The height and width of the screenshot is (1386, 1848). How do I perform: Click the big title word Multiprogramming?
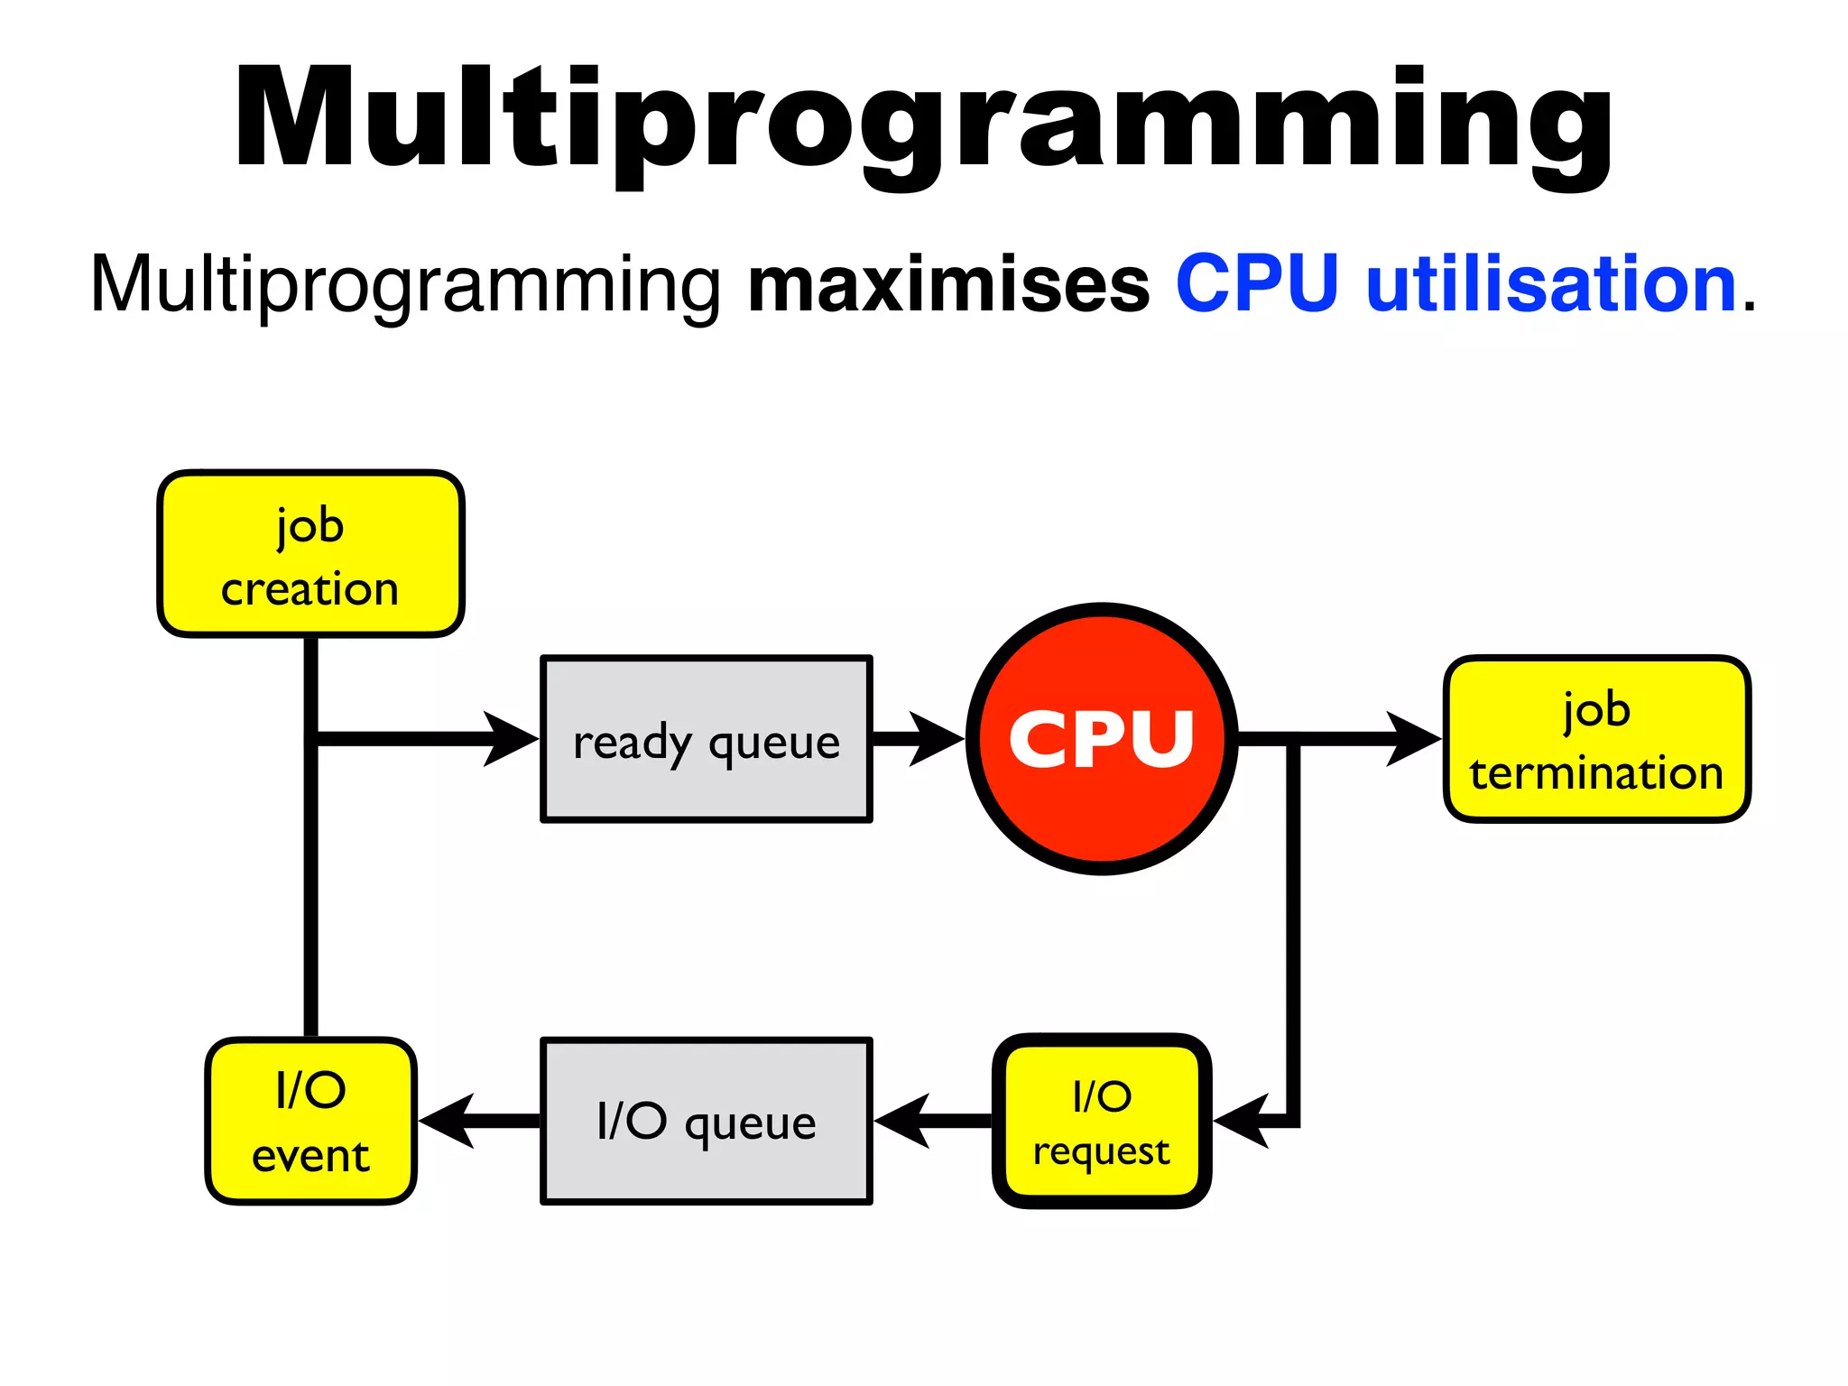[x=922, y=122]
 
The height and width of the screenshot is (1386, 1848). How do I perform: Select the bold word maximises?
[x=948, y=285]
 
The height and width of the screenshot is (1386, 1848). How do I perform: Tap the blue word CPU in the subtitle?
[x=1256, y=283]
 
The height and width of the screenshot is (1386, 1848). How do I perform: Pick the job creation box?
[x=310, y=553]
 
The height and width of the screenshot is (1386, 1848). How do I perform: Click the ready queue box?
[x=706, y=739]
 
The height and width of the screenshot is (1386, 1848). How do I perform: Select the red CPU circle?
[x=1101, y=738]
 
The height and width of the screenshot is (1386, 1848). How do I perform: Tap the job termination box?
[x=1596, y=739]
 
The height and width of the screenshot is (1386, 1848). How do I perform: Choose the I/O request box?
[x=1101, y=1121]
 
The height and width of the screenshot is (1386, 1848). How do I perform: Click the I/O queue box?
[x=706, y=1121]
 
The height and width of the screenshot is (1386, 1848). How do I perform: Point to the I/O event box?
[x=310, y=1121]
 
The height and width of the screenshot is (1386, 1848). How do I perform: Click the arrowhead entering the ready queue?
[x=513, y=739]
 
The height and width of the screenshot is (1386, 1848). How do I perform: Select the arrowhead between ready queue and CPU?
[x=937, y=739]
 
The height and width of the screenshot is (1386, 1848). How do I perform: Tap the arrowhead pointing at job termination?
[x=1415, y=739]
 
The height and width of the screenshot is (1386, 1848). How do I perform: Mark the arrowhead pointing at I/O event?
[x=448, y=1121]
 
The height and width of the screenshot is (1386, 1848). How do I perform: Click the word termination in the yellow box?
[x=1596, y=773]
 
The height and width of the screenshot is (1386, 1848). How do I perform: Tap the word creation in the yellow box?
[x=310, y=589]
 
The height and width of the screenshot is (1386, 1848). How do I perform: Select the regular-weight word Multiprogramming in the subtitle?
[x=405, y=285]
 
